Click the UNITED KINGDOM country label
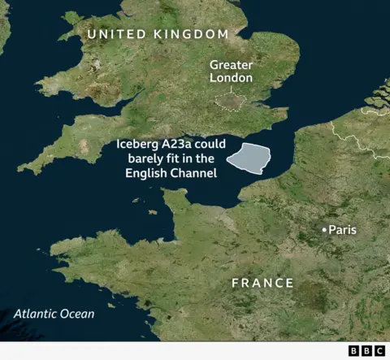pyautogui.click(x=158, y=33)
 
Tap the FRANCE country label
pyautogui.click(x=262, y=283)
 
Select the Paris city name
pyautogui.click(x=342, y=230)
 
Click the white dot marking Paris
pyautogui.click(x=324, y=231)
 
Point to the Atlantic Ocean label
pyautogui.click(x=54, y=314)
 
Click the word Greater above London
pyautogui.click(x=231, y=64)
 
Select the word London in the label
pyautogui.click(x=231, y=78)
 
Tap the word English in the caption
pyautogui.click(x=146, y=174)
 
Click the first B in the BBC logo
pyautogui.click(x=353, y=350)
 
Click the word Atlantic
pyautogui.click(x=35, y=314)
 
